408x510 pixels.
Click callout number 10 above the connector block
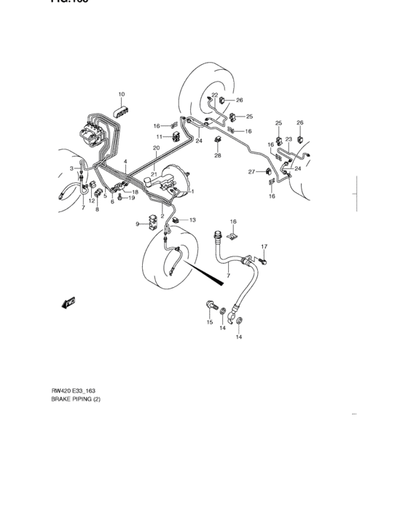(122, 94)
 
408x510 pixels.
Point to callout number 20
(155, 148)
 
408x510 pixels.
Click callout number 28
(217, 156)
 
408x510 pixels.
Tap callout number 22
(215, 95)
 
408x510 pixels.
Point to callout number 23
(289, 139)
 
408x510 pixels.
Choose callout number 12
(92, 201)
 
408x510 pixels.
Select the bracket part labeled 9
(152, 222)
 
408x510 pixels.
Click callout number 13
(193, 219)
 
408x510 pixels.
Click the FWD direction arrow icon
(70, 302)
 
